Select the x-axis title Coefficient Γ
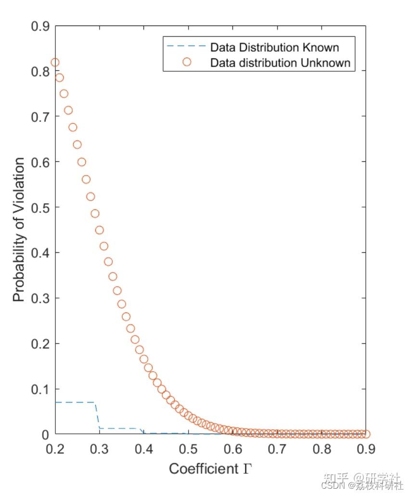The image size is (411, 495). click(210, 469)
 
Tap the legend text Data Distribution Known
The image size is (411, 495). click(274, 48)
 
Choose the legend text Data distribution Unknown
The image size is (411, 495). click(280, 63)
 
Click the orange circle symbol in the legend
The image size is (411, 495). click(187, 62)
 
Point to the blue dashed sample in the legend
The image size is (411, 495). click(187, 47)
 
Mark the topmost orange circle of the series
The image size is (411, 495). click(55, 62)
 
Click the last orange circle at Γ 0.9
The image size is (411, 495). click(366, 434)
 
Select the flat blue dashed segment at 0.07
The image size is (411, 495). click(75, 402)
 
